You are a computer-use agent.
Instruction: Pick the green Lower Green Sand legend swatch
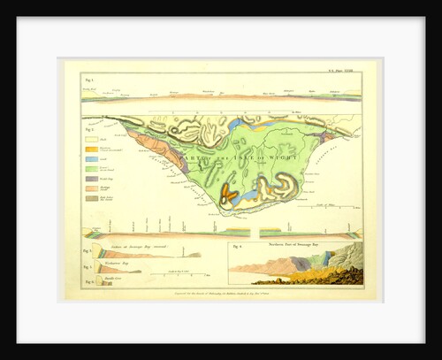89,171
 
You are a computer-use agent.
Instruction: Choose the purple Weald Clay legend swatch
89,180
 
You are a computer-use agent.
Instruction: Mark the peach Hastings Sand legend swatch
89,189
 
